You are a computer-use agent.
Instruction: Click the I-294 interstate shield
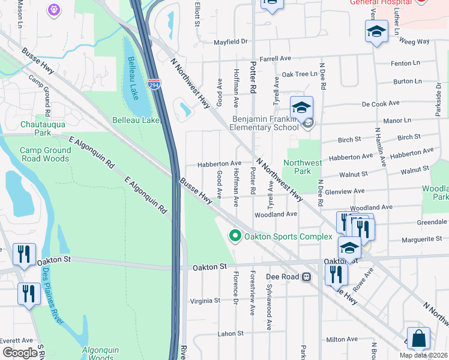[154, 85]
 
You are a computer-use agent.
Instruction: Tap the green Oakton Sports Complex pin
[236, 236]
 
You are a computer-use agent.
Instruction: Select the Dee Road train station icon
[306, 277]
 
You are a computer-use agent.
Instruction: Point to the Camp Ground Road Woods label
[44, 154]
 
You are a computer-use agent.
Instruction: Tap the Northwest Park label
[303, 167]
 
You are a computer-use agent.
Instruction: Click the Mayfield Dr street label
[231, 42]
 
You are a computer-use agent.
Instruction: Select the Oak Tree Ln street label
[300, 74]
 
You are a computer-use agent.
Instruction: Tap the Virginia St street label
[205, 301]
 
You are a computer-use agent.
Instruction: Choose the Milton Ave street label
[342, 340]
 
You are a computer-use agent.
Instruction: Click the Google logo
[20, 353]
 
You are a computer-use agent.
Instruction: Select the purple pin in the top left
[54, 10]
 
